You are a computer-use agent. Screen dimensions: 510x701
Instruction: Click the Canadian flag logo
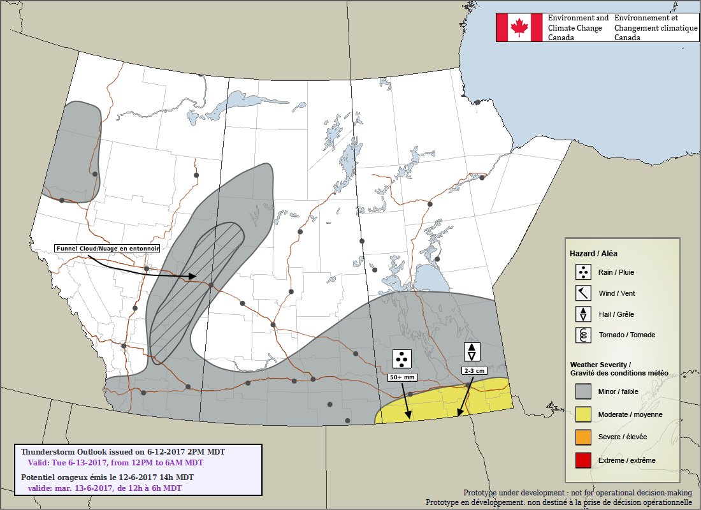(520, 27)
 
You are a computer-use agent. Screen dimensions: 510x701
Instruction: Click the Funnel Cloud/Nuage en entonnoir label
(107, 248)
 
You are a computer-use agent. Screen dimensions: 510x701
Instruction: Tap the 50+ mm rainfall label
(402, 377)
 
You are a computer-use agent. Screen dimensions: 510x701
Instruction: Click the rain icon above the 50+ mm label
(402, 360)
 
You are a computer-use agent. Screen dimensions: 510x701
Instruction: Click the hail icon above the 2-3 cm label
(472, 352)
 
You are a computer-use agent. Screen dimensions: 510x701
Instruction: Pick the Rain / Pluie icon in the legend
(583, 273)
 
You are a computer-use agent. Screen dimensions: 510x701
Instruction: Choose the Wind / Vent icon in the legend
(583, 293)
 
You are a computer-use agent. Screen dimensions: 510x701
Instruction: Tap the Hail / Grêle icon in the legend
(583, 314)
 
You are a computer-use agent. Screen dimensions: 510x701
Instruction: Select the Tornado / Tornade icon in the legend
(583, 335)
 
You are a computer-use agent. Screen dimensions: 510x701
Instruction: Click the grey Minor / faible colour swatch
(583, 391)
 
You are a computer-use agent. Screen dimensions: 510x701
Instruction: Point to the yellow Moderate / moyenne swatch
(583, 414)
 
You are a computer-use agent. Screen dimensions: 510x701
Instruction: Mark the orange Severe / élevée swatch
(583, 437)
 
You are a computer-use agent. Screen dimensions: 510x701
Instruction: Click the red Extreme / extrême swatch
(583, 460)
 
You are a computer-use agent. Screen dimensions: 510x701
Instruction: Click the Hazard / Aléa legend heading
(593, 253)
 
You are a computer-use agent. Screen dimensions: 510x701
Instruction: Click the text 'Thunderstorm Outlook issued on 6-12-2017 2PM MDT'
(122, 451)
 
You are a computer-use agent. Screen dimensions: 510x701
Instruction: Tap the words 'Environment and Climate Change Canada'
(578, 27)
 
